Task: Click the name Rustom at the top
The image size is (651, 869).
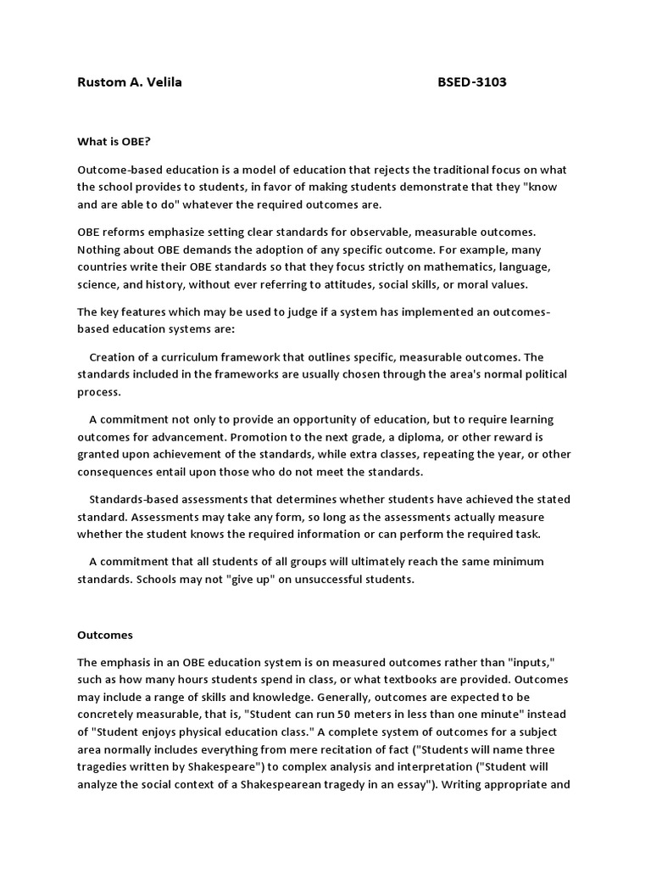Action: tap(101, 82)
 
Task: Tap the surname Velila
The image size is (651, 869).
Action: tap(162, 82)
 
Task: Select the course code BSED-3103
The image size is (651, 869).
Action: tap(472, 82)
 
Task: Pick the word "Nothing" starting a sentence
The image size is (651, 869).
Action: tap(100, 249)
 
